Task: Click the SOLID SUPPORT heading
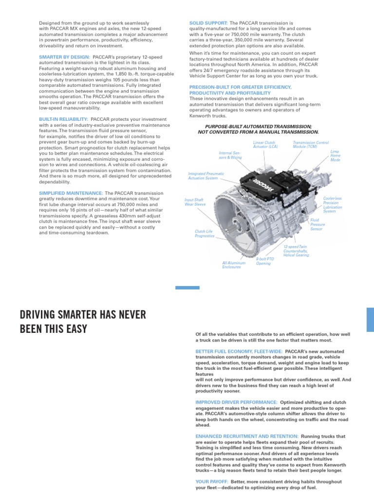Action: tap(208, 23)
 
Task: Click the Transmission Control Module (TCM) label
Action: tap(311, 145)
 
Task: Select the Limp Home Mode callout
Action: tap(336, 156)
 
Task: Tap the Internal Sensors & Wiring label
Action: tap(230, 155)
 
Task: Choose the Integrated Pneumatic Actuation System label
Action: tap(203, 175)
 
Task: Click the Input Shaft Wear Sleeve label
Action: tap(195, 202)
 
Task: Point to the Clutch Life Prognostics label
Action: tap(205, 234)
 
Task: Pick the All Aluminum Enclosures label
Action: tap(234, 265)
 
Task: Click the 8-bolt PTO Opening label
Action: tap(264, 261)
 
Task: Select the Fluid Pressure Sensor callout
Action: tap(317, 224)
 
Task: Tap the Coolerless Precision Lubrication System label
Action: tap(333, 205)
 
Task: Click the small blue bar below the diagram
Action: tap(187, 288)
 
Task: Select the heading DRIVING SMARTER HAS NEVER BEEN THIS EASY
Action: tap(83, 322)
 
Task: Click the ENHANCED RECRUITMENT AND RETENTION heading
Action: tap(247, 436)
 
